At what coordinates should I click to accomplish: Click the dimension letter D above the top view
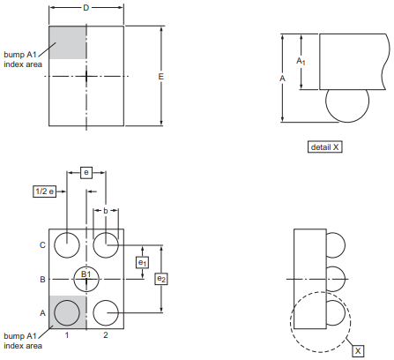coord(85,8)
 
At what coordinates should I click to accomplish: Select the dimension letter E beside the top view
coord(160,77)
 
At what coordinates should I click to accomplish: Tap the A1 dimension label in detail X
coord(301,61)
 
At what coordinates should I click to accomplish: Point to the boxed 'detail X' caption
coord(325,146)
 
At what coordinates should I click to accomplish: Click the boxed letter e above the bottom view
coord(86,172)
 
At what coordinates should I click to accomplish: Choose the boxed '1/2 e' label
coord(44,191)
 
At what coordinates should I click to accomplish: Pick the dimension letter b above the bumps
coord(106,211)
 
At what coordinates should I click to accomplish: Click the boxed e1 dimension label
coord(142,262)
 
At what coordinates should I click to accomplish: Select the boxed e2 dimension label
coord(161,279)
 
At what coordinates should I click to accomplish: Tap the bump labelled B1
coord(86,279)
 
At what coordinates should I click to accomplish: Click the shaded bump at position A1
coord(67,313)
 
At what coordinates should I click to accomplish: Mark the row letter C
coord(42,245)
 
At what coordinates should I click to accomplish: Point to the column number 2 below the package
coord(106,334)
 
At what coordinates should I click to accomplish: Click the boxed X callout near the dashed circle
coord(358,351)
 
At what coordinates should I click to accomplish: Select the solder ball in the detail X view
coord(347,106)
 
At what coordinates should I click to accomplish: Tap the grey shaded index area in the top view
coord(67,42)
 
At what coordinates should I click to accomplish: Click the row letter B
coord(42,279)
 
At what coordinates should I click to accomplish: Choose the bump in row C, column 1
coord(67,245)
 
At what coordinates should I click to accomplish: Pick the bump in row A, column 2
coord(106,313)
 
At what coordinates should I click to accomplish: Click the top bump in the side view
coord(336,245)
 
